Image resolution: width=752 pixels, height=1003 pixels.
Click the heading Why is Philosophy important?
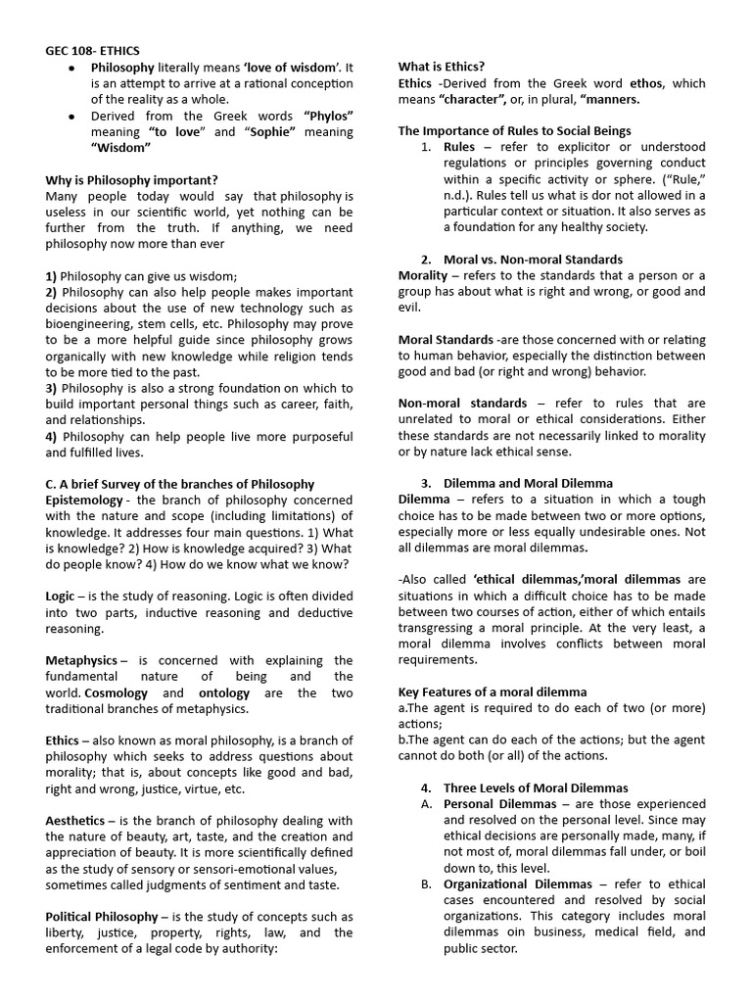pyautogui.click(x=131, y=180)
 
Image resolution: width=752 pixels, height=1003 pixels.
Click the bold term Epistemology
pyautogui.click(x=89, y=500)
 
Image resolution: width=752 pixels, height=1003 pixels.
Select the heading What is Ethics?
pyautogui.click(x=441, y=67)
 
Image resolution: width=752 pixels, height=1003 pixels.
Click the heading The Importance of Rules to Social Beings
pyautogui.click(x=514, y=130)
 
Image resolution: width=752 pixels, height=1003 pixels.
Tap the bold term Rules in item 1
pyautogui.click(x=459, y=147)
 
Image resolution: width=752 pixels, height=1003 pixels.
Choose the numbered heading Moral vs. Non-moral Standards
pyautogui.click(x=533, y=260)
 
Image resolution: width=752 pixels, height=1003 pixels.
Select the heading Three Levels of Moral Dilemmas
pyautogui.click(x=536, y=788)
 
